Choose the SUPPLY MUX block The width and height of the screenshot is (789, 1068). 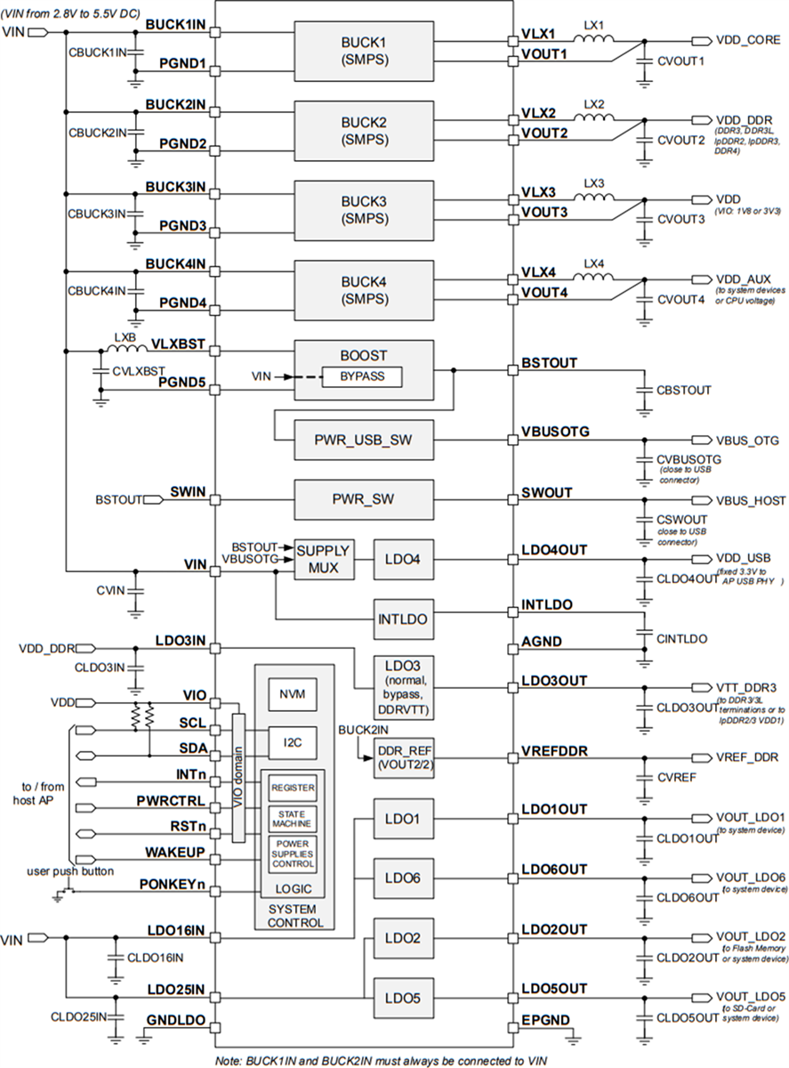[x=322, y=558]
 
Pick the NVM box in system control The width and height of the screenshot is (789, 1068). [x=293, y=693]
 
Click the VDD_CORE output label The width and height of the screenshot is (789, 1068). [x=747, y=40]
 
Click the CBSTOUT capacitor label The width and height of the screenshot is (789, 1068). [x=683, y=390]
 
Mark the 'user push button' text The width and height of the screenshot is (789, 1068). [x=70, y=870]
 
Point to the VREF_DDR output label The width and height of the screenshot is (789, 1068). [x=747, y=757]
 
